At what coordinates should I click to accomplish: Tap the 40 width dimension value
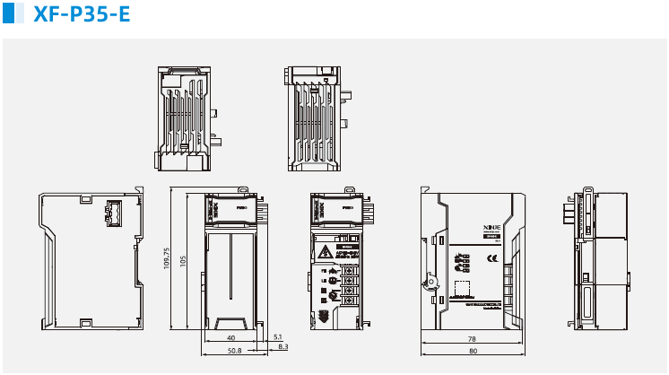point(231,337)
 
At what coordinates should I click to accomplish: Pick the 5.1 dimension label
point(277,337)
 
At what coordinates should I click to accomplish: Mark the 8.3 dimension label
point(283,346)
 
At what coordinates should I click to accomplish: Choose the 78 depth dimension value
point(472,339)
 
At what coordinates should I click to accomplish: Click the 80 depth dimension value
point(473,350)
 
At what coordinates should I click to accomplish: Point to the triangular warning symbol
point(321,251)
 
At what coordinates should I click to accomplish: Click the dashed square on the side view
point(463,289)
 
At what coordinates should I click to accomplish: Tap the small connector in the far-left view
point(114,213)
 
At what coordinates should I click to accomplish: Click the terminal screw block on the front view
point(347,284)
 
